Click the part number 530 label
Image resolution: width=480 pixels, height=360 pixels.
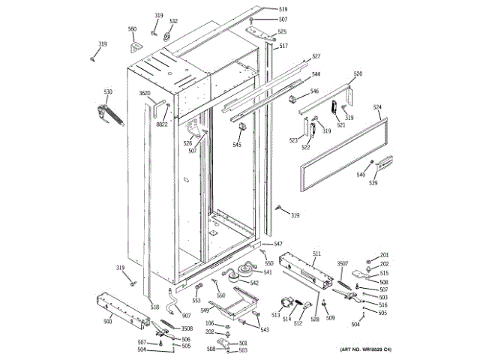pyautogui.click(x=108, y=92)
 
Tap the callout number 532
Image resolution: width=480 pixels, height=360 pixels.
pyautogui.click(x=173, y=21)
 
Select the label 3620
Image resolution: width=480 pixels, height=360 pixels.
pyautogui.click(x=145, y=93)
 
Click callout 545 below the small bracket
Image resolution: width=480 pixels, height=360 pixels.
pyautogui.click(x=237, y=145)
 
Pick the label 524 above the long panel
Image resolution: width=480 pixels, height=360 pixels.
pyautogui.click(x=378, y=108)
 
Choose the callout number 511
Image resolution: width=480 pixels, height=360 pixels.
pyautogui.click(x=316, y=253)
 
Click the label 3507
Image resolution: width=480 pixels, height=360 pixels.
pyautogui.click(x=342, y=263)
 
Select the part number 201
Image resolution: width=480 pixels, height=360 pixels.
pyautogui.click(x=384, y=256)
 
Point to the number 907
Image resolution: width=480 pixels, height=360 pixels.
pyautogui.click(x=186, y=315)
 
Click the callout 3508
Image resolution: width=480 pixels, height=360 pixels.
pyautogui.click(x=187, y=328)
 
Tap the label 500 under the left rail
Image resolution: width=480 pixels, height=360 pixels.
pyautogui.click(x=107, y=322)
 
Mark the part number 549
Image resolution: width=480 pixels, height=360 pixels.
pyautogui.click(x=204, y=310)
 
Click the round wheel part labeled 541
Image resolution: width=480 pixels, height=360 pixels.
pyautogui.click(x=244, y=270)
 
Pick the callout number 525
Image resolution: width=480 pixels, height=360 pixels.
pyautogui.click(x=282, y=31)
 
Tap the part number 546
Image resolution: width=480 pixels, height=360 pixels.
pyautogui.click(x=314, y=91)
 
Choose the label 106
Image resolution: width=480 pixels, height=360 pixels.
pyautogui.click(x=210, y=323)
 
